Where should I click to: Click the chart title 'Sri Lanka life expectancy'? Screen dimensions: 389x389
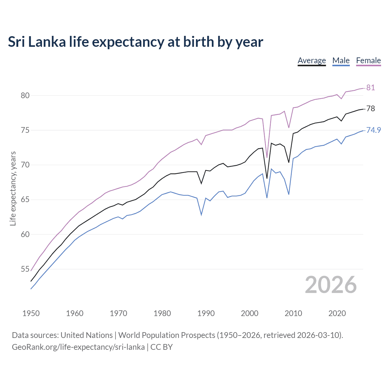click(135, 42)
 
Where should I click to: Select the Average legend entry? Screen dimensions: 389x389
click(312, 60)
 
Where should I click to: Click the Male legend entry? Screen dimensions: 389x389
click(341, 60)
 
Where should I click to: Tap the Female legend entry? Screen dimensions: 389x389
click(368, 60)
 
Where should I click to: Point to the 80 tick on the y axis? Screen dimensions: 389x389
click(25, 95)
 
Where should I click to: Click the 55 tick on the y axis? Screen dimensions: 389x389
click(25, 269)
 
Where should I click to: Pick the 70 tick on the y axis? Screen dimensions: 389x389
click(25, 165)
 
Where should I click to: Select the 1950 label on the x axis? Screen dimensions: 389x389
click(31, 313)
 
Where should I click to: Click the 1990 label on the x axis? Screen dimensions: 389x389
click(206, 313)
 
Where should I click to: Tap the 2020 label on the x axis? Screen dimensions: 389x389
click(337, 313)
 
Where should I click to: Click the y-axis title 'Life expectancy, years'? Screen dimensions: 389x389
click(13, 188)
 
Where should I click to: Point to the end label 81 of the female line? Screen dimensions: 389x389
click(370, 88)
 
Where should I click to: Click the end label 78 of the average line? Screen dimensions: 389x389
click(370, 108)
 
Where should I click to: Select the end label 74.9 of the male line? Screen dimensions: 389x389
click(374, 130)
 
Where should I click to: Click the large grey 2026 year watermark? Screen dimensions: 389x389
click(331, 285)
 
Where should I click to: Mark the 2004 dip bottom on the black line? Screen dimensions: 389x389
click(267, 178)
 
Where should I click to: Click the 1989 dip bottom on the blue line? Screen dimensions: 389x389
click(201, 215)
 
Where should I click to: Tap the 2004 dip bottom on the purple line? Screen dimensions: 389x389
click(267, 157)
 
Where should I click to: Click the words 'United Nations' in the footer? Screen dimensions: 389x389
click(87, 335)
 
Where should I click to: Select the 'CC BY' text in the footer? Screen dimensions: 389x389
click(161, 347)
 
